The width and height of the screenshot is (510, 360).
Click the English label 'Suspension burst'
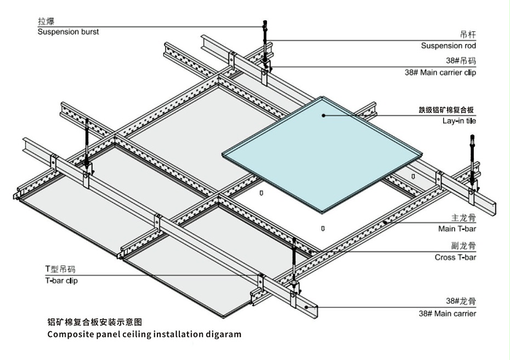[68, 32]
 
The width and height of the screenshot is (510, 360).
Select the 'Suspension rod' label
[449, 46]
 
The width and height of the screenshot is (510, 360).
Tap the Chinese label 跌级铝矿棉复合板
[446, 110]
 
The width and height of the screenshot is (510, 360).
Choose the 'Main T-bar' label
[457, 228]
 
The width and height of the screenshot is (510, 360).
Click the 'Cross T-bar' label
[455, 257]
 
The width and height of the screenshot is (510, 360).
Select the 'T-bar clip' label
[65, 281]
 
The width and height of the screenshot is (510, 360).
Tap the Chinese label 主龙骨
[464, 217]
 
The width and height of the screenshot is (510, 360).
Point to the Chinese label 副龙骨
[464, 246]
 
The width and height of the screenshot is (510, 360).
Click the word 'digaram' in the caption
[221, 334]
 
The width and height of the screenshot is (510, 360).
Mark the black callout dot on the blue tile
[324, 115]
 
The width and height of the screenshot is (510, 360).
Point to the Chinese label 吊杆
[468, 34]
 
